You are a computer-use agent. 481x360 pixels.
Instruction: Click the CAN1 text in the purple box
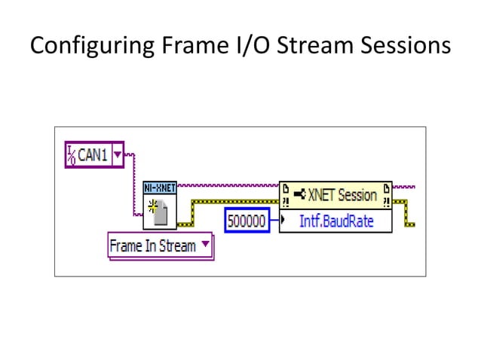point(93,156)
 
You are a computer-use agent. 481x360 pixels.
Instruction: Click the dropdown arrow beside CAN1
point(116,156)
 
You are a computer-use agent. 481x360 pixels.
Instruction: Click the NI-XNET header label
point(160,186)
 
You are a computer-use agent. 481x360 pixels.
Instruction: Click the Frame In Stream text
point(152,246)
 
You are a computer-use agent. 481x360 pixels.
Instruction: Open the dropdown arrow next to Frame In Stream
point(206,246)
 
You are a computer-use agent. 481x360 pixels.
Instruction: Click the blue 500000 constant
point(247,221)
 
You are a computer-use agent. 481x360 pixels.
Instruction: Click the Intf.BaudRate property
point(335,221)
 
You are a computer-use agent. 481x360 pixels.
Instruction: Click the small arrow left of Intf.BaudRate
point(282,221)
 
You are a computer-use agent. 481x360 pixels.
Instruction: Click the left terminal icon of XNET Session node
point(287,195)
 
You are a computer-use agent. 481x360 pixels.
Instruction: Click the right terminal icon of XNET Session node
point(385,195)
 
